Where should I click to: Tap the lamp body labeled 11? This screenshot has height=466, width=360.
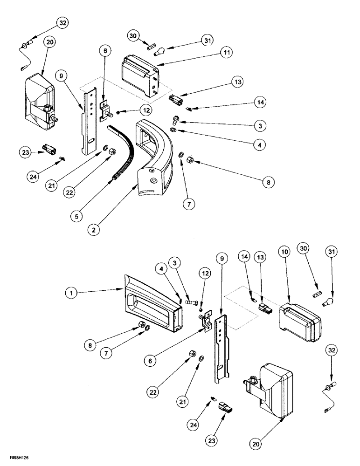click(140, 76)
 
